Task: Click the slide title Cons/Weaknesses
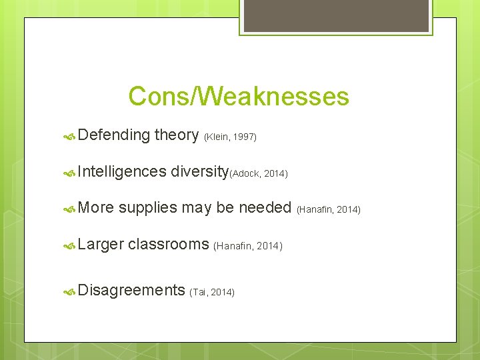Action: point(239,97)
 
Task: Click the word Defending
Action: point(113,135)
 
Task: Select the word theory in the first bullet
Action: point(176,135)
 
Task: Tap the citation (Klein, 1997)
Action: point(230,137)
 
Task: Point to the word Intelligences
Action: point(122,172)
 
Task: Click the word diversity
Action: point(199,172)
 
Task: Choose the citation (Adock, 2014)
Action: point(259,174)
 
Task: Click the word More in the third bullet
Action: point(96,208)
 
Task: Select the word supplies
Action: point(147,209)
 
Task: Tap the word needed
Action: point(265,208)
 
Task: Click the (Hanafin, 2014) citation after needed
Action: point(329,210)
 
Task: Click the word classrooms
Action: point(169,244)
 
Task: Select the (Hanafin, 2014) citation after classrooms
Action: point(248,247)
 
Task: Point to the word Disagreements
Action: point(131,290)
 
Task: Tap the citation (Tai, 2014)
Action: point(212,293)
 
